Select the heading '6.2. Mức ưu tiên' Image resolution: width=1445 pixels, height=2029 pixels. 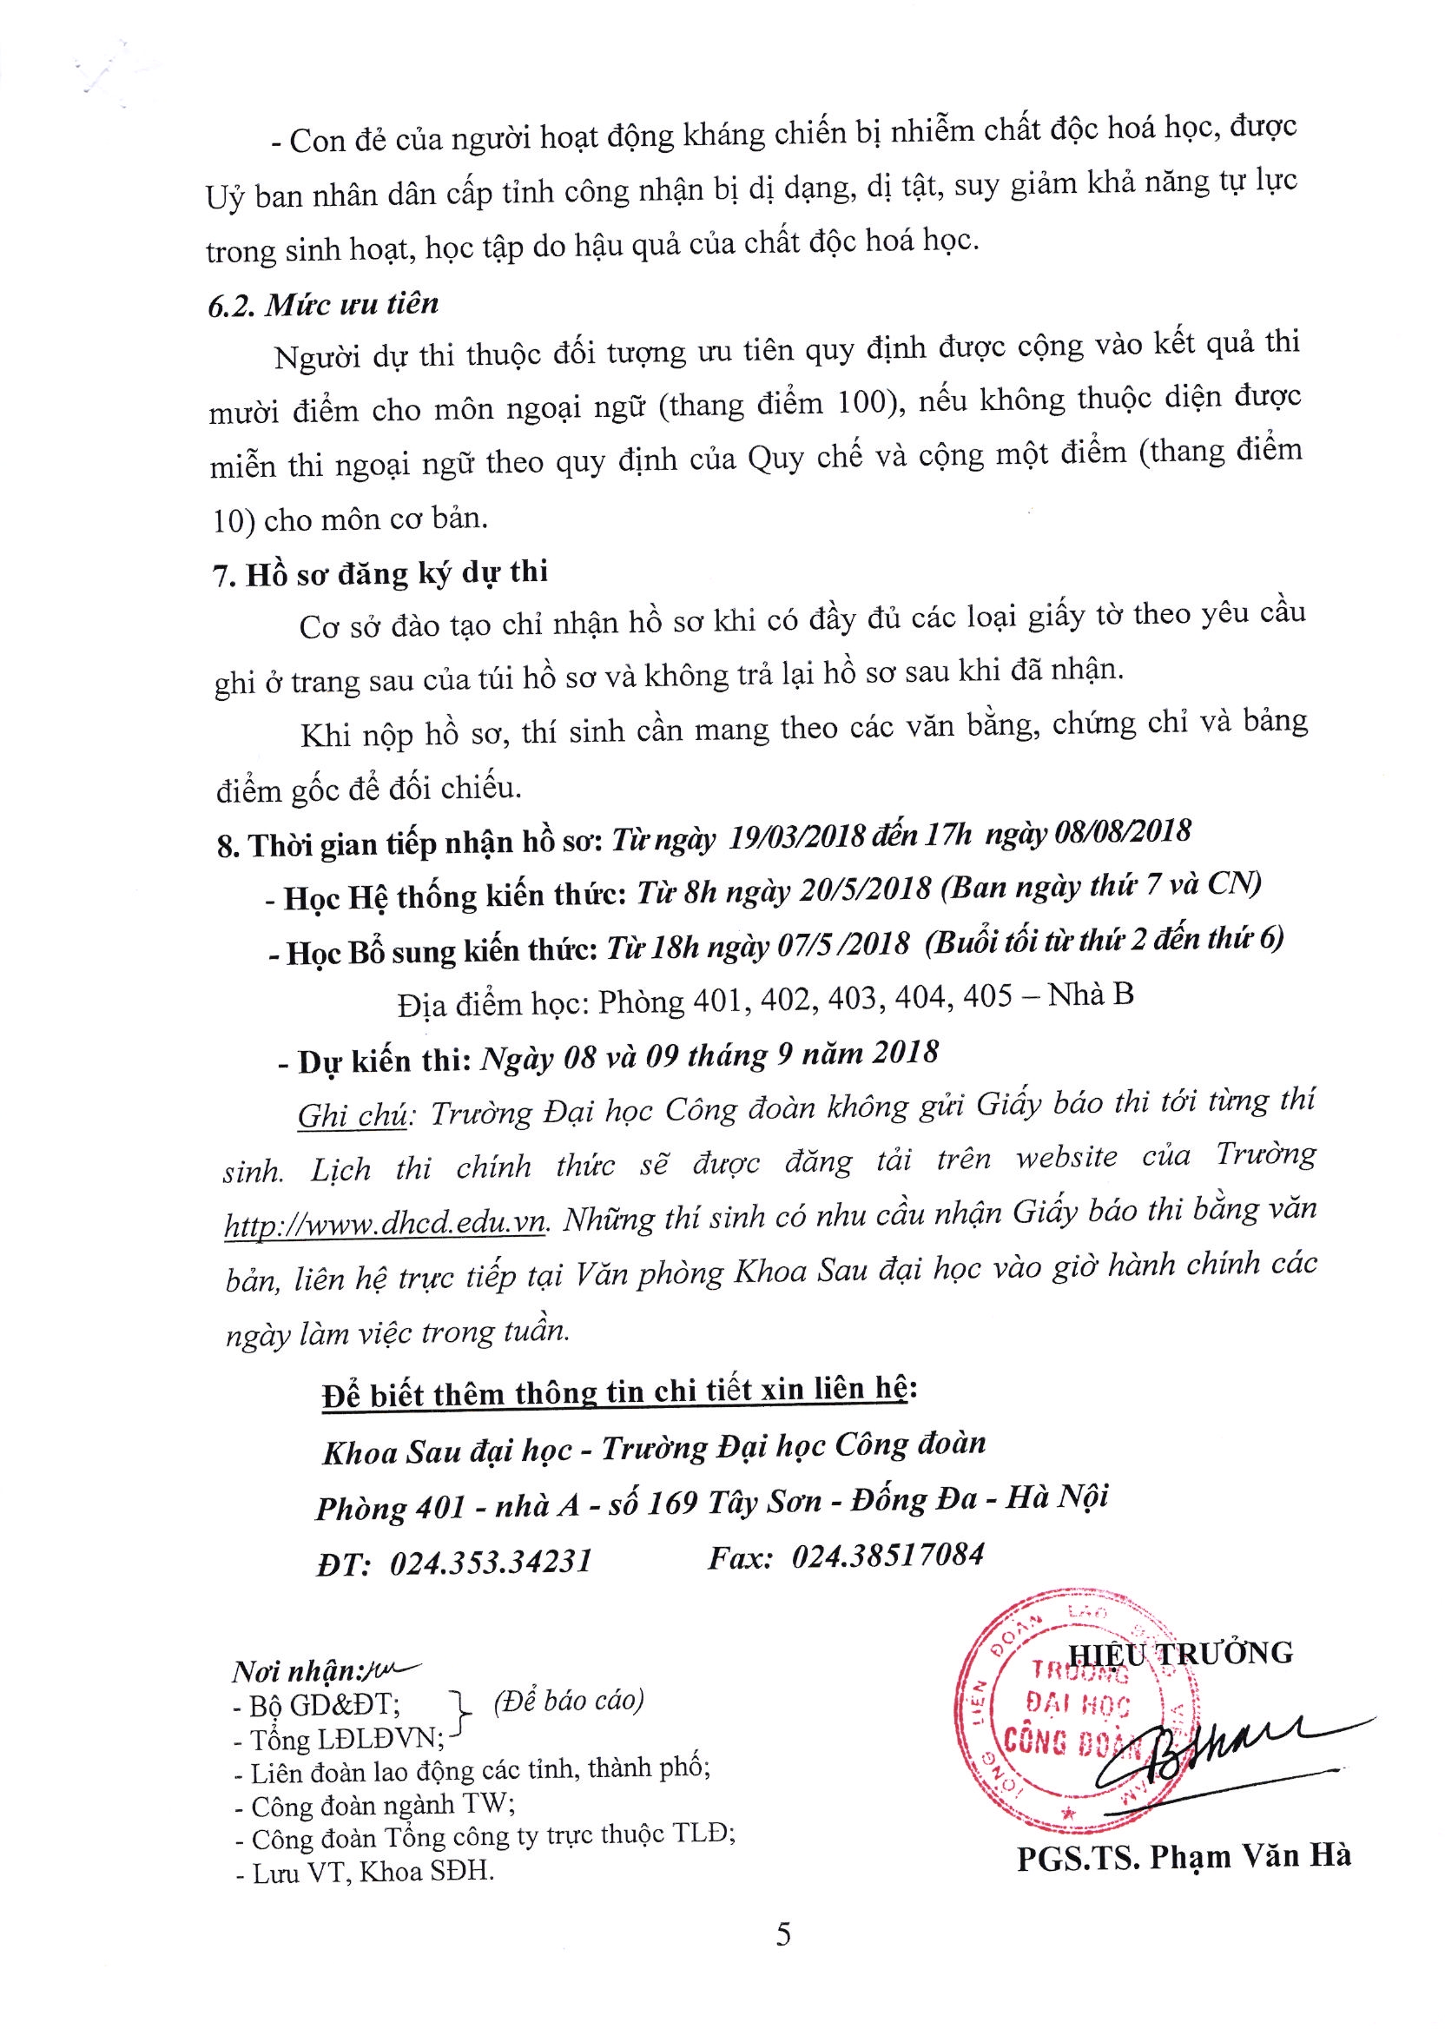(324, 305)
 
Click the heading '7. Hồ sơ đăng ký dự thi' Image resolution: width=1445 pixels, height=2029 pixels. (381, 572)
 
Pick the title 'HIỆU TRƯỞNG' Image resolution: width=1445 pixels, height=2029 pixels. (1180, 1654)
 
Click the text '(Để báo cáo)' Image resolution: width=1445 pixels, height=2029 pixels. (568, 1701)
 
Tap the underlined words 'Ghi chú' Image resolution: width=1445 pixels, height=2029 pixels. (353, 1116)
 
